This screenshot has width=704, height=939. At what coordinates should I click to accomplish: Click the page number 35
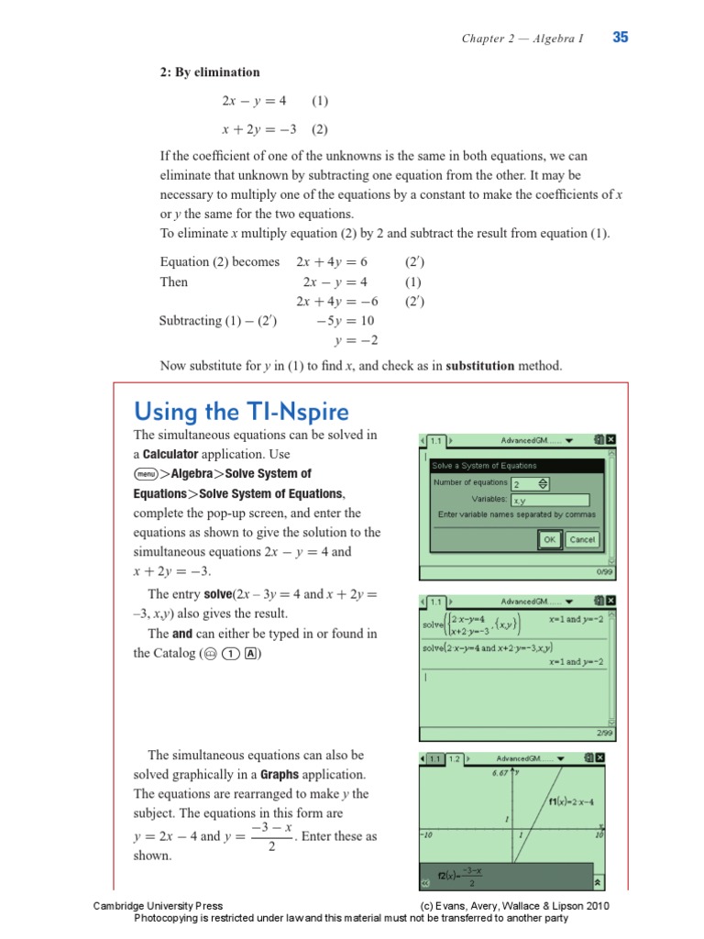click(621, 38)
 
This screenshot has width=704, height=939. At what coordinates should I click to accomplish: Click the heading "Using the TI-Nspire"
click(241, 410)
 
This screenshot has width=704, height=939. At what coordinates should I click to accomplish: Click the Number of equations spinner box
click(531, 483)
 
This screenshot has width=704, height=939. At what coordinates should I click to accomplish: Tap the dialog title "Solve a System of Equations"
click(485, 466)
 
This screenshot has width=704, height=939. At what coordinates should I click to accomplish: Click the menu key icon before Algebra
click(146, 474)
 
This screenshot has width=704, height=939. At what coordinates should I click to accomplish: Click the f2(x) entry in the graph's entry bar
click(458, 876)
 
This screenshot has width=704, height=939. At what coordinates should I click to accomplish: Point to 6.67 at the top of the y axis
click(500, 773)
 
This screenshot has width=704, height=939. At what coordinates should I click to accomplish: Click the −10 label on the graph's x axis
click(426, 835)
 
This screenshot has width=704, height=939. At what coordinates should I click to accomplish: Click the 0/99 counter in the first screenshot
click(603, 570)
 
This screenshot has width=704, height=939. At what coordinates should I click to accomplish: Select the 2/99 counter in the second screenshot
click(603, 733)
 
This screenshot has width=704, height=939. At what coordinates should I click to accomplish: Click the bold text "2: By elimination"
click(210, 72)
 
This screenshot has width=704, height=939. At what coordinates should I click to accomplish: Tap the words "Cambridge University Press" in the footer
click(158, 906)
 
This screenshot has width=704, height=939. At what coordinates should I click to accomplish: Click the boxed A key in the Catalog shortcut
click(250, 654)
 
